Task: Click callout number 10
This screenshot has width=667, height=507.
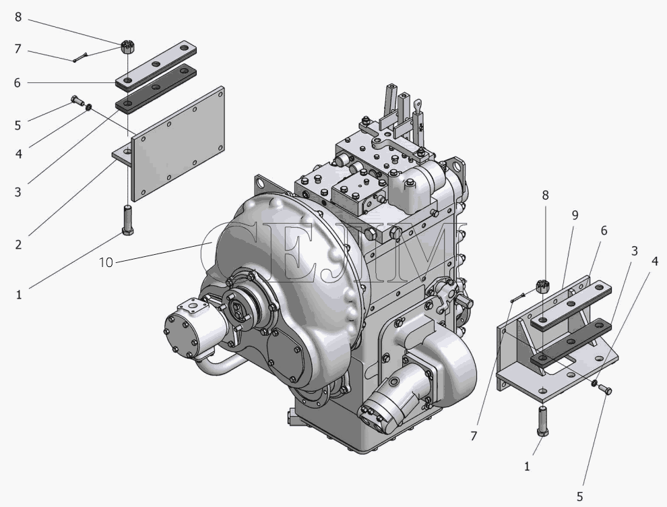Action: pyautogui.click(x=106, y=263)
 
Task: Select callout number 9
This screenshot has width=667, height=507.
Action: pyautogui.click(x=575, y=215)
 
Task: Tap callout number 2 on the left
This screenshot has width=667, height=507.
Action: pyautogui.click(x=18, y=245)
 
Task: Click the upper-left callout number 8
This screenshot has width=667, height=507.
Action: pyautogui.click(x=18, y=17)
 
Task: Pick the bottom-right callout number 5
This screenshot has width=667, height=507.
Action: pyautogui.click(x=580, y=496)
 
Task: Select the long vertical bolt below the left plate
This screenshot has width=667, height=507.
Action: pyautogui.click(x=128, y=220)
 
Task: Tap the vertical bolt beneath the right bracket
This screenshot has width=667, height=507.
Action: pyautogui.click(x=543, y=421)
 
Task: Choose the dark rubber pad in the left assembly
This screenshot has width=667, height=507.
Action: pyautogui.click(x=156, y=90)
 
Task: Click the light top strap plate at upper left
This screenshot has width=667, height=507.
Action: pyautogui.click(x=156, y=65)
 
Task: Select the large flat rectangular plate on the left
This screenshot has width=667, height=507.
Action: pyautogui.click(x=179, y=144)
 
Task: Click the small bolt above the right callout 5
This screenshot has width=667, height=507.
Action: pyautogui.click(x=606, y=390)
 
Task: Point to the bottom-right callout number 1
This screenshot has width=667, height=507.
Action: pyautogui.click(x=527, y=467)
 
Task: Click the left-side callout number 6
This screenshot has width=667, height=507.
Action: pyautogui.click(x=17, y=82)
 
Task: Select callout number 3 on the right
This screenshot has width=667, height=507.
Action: pyautogui.click(x=634, y=251)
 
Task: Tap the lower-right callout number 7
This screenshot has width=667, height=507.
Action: pyautogui.click(x=474, y=436)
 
